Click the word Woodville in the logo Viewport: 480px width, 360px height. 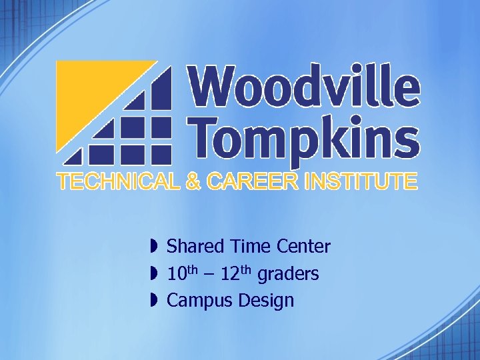coord(305,87)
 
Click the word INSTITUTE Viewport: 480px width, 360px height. coord(361,181)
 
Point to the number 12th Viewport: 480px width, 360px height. coord(236,273)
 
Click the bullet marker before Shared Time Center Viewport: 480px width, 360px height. coord(153,247)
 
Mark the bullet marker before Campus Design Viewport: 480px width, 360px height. coord(153,301)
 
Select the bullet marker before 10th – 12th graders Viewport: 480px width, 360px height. coord(153,273)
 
